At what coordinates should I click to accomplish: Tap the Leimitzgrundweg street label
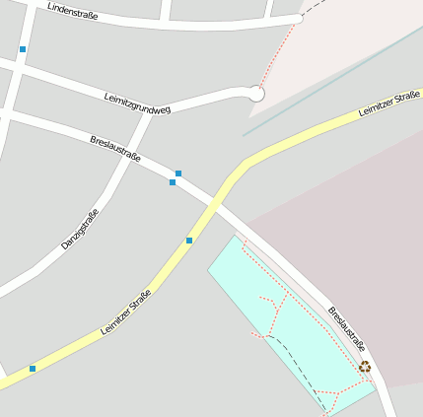pyautogui.click(x=137, y=103)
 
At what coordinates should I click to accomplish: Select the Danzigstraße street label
pyautogui.click(x=80, y=228)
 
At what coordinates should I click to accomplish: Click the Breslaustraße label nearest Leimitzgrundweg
pyautogui.click(x=114, y=150)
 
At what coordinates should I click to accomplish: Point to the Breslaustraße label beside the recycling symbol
pyautogui.click(x=347, y=329)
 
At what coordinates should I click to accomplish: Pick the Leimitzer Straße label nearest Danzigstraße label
pyautogui.click(x=125, y=313)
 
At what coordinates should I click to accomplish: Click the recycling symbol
pyautogui.click(x=365, y=367)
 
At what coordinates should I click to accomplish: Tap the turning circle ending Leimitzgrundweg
pyautogui.click(x=256, y=94)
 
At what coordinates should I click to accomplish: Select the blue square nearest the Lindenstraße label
pyautogui.click(x=23, y=49)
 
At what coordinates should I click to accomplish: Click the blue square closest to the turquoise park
pyautogui.click(x=189, y=241)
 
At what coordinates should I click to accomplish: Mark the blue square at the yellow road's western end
pyautogui.click(x=33, y=369)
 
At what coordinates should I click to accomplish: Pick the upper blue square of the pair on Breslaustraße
pyautogui.click(x=178, y=174)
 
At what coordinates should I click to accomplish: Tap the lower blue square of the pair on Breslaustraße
pyautogui.click(x=173, y=182)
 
